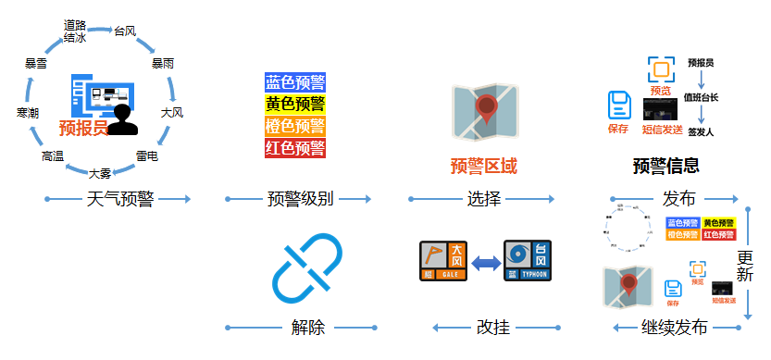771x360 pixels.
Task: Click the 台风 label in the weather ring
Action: pyautogui.click(x=126, y=31)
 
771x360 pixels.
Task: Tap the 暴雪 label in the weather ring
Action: pyautogui.click(x=37, y=65)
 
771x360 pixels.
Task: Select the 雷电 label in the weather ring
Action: pyautogui.click(x=147, y=156)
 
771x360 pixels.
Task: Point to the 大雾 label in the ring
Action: pyautogui.click(x=100, y=172)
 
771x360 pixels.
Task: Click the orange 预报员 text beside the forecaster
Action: pyautogui.click(x=83, y=128)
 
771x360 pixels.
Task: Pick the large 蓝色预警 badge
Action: pyautogui.click(x=295, y=83)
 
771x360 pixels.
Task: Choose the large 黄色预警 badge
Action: pyautogui.click(x=295, y=105)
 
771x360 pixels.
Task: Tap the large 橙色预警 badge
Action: pyautogui.click(x=295, y=126)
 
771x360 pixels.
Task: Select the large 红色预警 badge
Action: pyautogui.click(x=295, y=147)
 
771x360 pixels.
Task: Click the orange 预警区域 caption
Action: pyautogui.click(x=484, y=167)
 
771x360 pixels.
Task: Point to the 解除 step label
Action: pyautogui.click(x=307, y=327)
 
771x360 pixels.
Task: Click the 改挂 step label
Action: pyautogui.click(x=492, y=327)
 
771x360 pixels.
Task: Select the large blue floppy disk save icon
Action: pyautogui.click(x=619, y=106)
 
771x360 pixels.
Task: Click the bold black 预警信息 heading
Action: pyautogui.click(x=665, y=167)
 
